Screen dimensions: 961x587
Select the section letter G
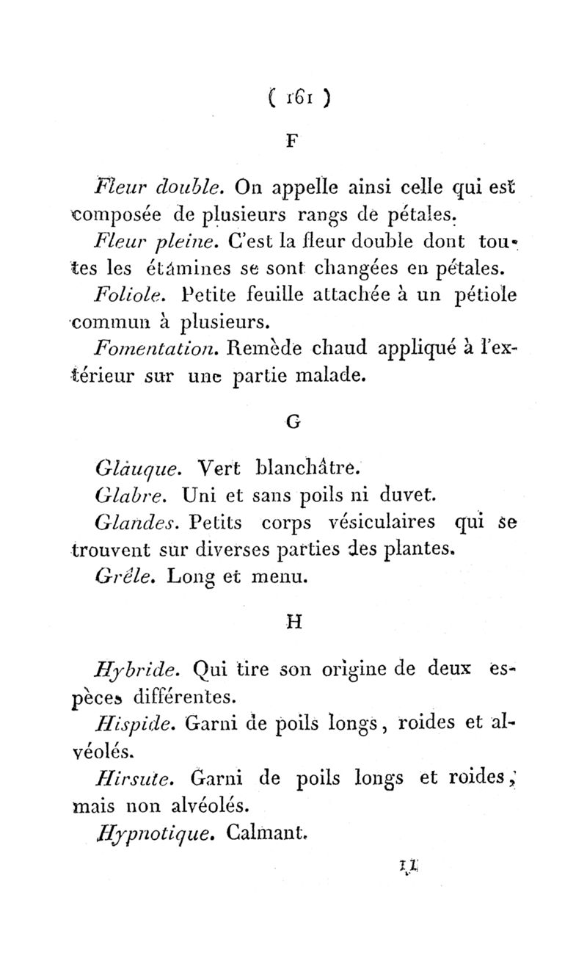pos(292,423)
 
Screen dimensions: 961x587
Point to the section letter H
pos(293,623)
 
